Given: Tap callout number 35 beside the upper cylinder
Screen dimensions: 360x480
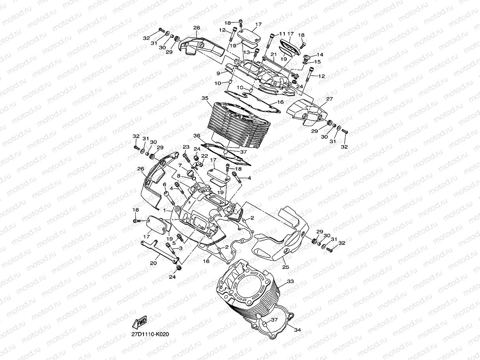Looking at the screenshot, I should (204, 98).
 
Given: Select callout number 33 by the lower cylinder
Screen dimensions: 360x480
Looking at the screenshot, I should (291, 282).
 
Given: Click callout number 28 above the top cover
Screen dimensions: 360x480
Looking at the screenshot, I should (196, 28).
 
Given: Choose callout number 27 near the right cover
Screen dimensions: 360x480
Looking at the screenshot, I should (329, 99).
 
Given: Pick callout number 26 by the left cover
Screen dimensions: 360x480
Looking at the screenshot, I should (140, 169).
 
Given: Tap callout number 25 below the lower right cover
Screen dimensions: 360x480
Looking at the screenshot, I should (286, 267).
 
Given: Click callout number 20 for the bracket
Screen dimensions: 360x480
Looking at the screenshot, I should (153, 263).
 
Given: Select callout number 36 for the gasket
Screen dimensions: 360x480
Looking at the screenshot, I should (197, 136).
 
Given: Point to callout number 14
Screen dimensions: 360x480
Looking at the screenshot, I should (320, 55).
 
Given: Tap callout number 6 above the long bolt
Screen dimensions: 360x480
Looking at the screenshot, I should (164, 185).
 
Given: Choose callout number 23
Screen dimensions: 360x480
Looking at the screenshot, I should (186, 147).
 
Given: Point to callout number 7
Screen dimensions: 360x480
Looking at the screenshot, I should (179, 166).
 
